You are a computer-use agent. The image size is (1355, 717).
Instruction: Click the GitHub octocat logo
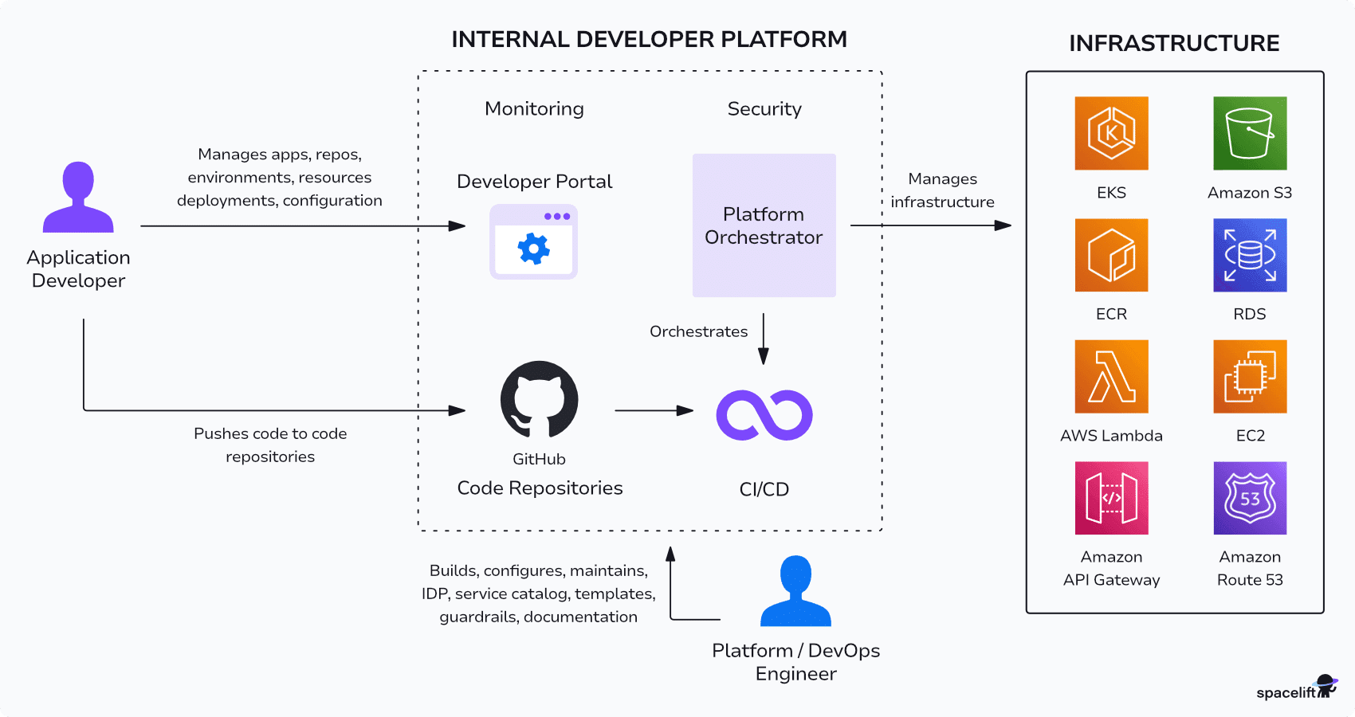point(540,399)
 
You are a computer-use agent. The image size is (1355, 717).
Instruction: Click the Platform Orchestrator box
point(764,225)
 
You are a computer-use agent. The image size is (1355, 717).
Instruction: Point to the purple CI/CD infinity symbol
point(764,415)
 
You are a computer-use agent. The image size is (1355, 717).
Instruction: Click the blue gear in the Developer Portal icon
point(533,249)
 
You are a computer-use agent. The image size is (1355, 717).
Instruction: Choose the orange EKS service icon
point(1111,133)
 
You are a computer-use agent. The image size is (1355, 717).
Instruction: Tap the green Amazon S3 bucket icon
point(1250,133)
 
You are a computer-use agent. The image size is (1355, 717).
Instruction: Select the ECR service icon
point(1111,255)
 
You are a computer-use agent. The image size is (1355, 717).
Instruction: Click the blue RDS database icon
point(1250,255)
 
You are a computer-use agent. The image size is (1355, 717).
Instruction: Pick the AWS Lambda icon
point(1111,376)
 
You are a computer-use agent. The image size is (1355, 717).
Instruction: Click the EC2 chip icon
point(1250,376)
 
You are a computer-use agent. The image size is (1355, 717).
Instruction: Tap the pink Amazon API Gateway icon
point(1111,498)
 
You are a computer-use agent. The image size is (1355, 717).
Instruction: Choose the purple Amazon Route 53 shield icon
point(1250,498)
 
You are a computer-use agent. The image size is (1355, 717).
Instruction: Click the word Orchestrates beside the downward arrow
point(698,331)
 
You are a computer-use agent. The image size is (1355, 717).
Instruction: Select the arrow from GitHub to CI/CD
point(654,410)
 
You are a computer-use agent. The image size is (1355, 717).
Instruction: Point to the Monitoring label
point(534,109)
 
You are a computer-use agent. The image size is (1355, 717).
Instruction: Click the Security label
point(764,109)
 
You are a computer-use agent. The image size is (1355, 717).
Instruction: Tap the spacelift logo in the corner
point(1295,689)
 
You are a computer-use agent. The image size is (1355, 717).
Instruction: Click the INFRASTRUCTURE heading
point(1174,43)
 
